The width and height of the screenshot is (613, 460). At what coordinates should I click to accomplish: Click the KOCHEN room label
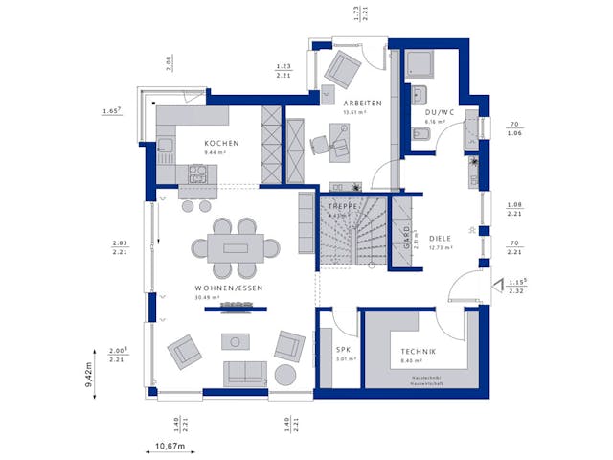[x=220, y=143]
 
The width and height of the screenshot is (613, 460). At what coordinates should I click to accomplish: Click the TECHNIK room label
[x=419, y=351]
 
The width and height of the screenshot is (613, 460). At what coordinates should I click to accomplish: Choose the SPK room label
[x=344, y=351]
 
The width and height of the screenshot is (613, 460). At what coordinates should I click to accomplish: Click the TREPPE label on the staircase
[x=342, y=207]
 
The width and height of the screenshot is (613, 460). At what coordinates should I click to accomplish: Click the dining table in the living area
[x=235, y=247]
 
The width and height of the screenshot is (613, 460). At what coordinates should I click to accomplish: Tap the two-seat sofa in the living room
[x=246, y=372]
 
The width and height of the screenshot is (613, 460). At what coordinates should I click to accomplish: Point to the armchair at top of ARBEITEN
[x=340, y=68]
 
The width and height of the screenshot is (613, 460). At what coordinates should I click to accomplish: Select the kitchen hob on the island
[x=198, y=173]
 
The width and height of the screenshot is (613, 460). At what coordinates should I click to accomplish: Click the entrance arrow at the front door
[x=495, y=284]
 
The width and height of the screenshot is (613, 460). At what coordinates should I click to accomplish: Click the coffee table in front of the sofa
[x=235, y=341]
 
